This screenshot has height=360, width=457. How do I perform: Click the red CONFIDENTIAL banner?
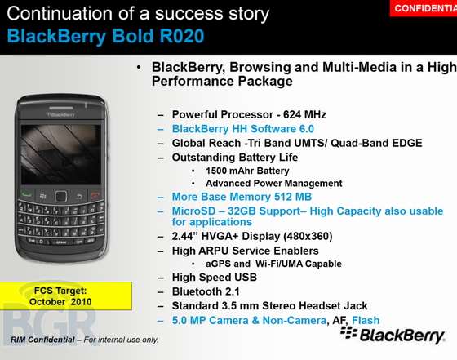424,8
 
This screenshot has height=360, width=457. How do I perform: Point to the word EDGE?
407,143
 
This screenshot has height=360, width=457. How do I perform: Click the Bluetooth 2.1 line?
206,291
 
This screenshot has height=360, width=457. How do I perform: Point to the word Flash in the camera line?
366,320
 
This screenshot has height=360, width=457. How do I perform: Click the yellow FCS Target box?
66,296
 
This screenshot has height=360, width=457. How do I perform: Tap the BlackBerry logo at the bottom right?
393,336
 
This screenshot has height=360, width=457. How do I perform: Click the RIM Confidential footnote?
85,340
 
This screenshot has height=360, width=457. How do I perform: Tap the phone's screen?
61,155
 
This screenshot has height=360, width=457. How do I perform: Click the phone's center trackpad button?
61,197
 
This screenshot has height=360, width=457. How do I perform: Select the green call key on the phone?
27,194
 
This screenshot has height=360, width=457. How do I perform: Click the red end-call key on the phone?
95,196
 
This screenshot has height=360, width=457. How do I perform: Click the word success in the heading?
189,14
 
